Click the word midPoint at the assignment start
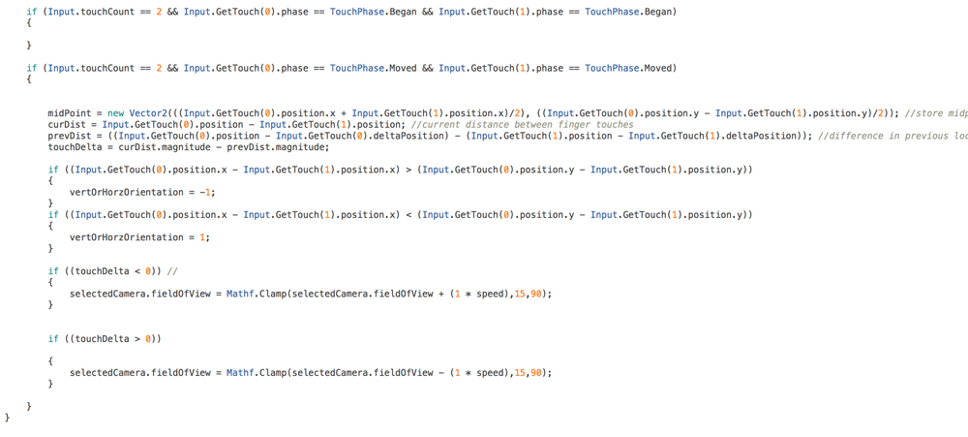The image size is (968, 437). (69, 113)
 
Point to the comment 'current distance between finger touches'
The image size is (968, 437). (522, 124)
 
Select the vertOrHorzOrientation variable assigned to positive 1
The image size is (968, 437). (123, 237)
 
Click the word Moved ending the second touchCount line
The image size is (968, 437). (658, 68)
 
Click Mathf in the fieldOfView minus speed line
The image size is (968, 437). (238, 373)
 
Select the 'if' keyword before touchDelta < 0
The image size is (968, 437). (53, 271)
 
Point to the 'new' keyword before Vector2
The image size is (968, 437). (117, 113)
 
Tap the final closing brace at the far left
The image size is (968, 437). (8, 418)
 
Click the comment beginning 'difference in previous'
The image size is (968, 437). (892, 136)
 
